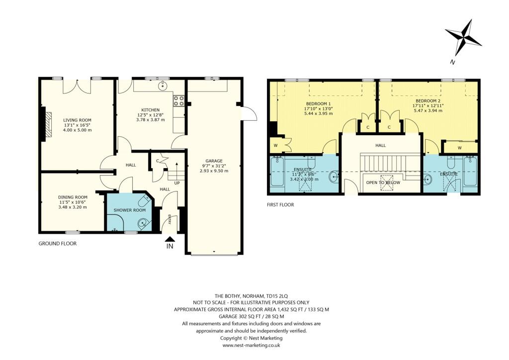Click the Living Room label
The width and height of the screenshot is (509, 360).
tap(77, 120)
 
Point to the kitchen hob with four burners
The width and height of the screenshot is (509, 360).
tap(179, 101)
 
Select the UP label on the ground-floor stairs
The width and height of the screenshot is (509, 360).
tap(176, 183)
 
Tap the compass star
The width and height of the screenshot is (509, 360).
tap(463, 38)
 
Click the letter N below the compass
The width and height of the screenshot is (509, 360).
tap(452, 62)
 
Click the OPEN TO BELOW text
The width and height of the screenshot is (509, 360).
tap(383, 182)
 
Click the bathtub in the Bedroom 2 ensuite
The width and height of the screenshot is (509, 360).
tap(470, 171)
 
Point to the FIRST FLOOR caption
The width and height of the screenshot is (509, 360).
tap(280, 204)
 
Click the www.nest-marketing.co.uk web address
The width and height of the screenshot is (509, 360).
tap(252, 345)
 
